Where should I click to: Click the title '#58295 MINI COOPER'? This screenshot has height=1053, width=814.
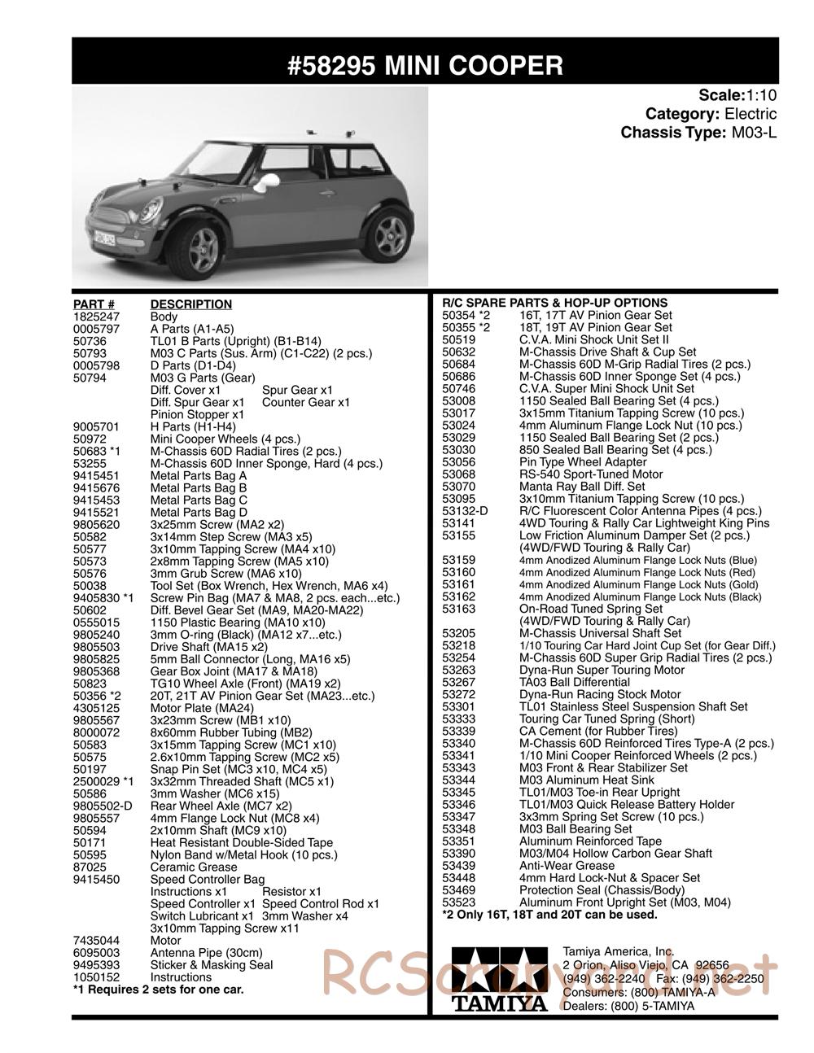point(425,65)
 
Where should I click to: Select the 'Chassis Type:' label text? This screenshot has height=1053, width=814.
point(672,133)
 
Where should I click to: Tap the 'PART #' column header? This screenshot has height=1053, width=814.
point(94,304)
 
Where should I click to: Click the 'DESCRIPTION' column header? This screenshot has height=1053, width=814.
point(191,304)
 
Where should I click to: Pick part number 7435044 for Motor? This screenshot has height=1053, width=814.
point(96,940)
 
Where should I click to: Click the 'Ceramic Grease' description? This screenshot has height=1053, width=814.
point(194,867)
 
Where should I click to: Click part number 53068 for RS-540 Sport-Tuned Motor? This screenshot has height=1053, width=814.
point(458,474)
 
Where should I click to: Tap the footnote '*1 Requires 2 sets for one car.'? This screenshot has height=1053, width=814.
point(158,990)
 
